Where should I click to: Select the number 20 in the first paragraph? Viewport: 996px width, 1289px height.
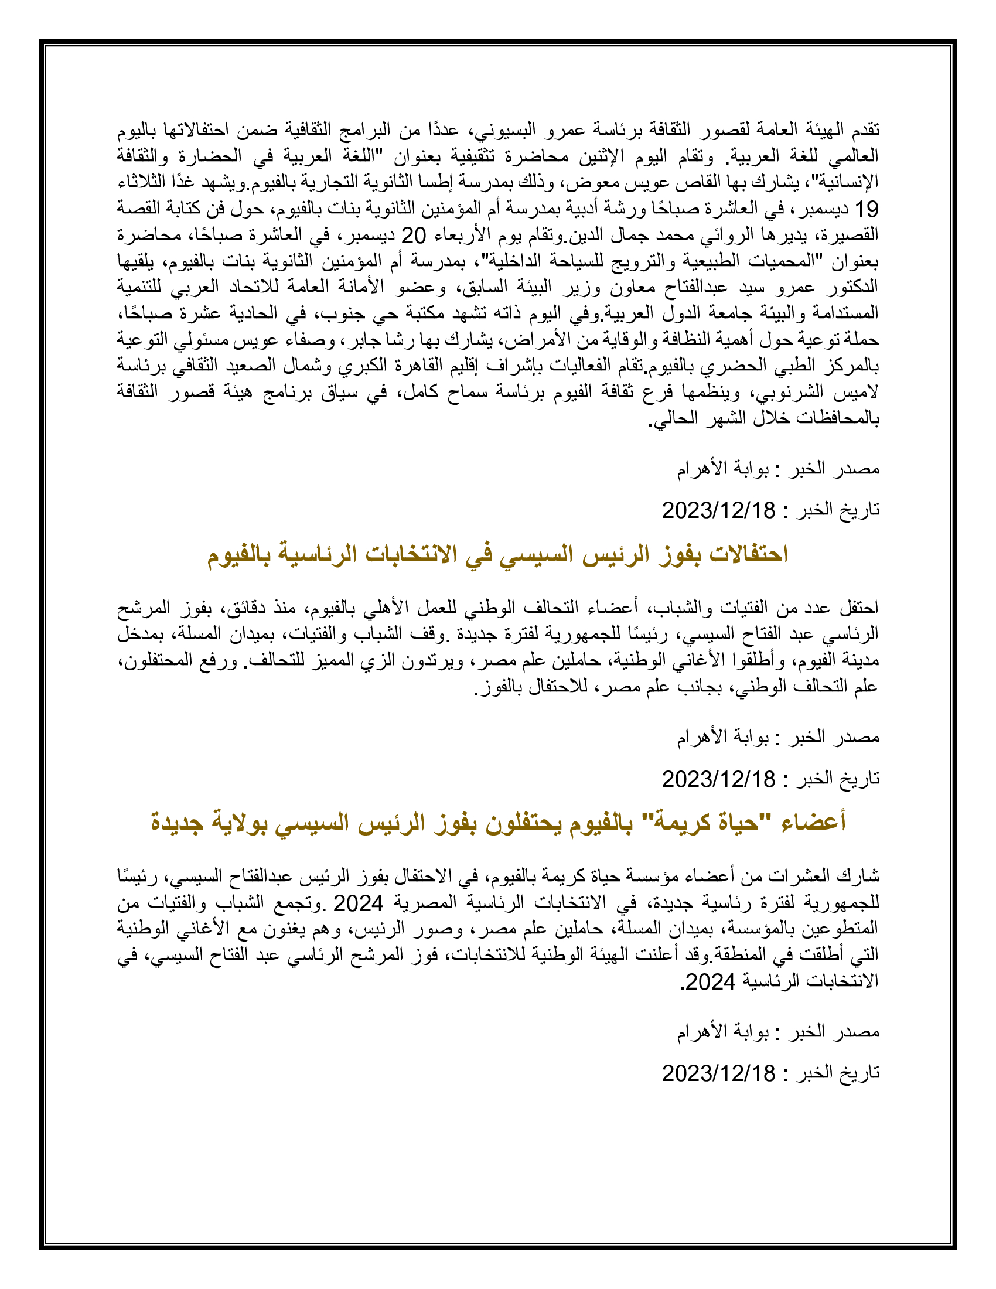click(414, 236)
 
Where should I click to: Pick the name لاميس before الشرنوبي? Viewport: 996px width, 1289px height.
click(859, 393)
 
